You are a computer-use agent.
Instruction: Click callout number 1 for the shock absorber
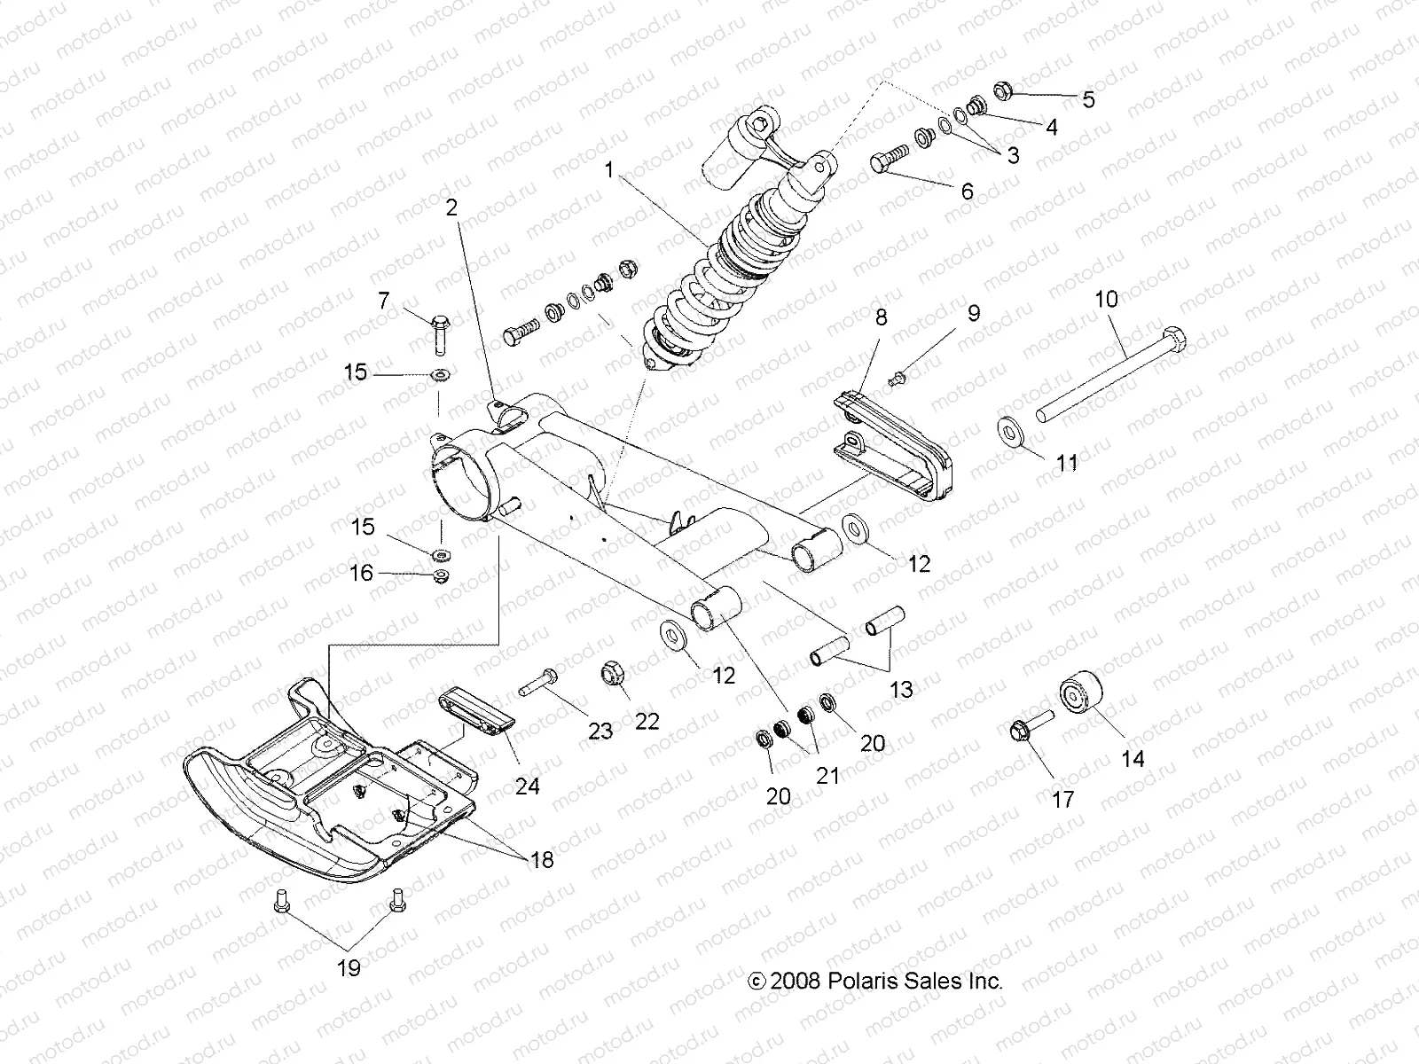coord(608,170)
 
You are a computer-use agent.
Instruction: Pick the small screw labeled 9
coord(895,379)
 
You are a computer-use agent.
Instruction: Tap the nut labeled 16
coord(439,578)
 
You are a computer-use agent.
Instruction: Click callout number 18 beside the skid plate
coord(542,859)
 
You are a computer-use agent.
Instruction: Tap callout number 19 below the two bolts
coord(349,967)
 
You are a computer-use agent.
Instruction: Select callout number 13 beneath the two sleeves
coord(901,689)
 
